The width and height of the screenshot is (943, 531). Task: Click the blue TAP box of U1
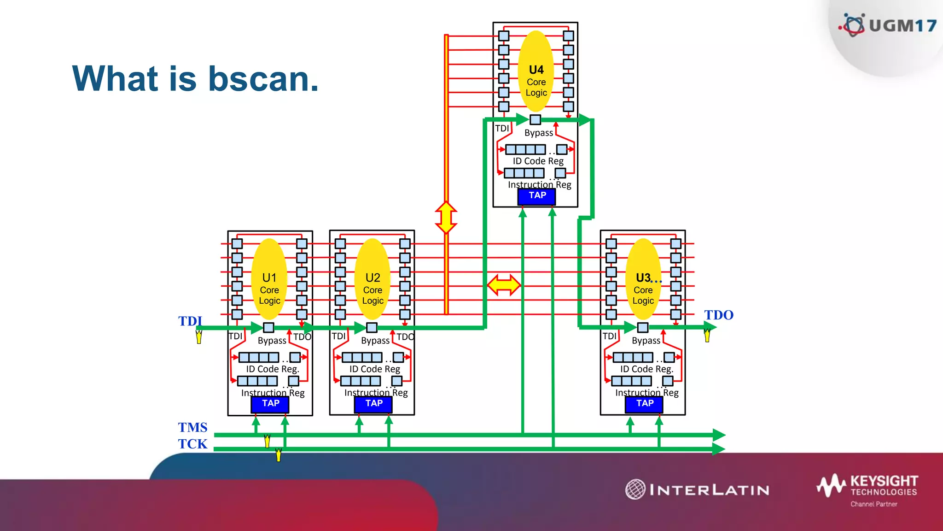270,404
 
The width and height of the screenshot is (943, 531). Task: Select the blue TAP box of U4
537,196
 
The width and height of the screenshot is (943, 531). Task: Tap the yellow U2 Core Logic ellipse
373,279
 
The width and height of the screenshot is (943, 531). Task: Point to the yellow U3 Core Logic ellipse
643,279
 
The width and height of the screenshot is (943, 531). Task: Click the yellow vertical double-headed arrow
446,217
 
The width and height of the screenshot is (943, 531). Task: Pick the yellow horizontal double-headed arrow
504,285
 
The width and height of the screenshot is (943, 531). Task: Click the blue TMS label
192,427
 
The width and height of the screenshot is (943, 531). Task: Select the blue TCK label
192,444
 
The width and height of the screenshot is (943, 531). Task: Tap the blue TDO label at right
718,315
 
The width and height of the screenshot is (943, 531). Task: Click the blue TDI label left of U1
190,321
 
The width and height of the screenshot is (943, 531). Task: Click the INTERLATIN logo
698,490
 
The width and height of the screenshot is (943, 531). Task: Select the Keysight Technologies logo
867,489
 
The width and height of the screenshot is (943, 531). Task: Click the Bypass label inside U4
539,133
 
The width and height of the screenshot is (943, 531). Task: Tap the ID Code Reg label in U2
374,369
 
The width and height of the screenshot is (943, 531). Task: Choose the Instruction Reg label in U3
646,393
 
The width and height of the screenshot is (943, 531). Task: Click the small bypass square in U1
268,328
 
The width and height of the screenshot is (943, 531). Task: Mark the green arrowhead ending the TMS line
719,435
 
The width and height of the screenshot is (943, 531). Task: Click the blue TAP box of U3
644,404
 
